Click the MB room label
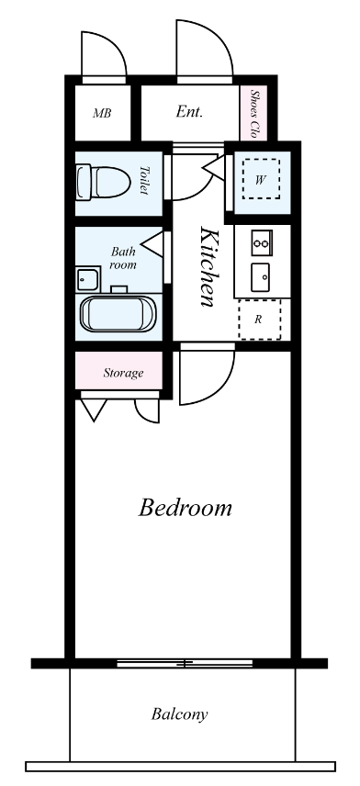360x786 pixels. click(x=102, y=113)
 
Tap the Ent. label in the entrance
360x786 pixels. click(x=189, y=112)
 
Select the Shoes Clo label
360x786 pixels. click(x=254, y=114)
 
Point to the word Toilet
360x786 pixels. click(x=144, y=180)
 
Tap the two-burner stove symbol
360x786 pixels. click(x=261, y=243)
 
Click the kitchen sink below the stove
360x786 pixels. click(x=261, y=277)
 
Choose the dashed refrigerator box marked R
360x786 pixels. click(x=259, y=320)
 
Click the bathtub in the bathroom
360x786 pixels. click(x=118, y=314)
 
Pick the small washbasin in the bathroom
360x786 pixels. click(x=87, y=279)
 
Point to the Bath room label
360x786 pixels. click(x=123, y=258)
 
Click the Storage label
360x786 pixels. click(x=123, y=373)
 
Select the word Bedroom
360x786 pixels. click(x=185, y=508)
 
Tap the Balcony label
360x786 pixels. click(x=179, y=713)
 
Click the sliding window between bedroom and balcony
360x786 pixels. click(x=185, y=663)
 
